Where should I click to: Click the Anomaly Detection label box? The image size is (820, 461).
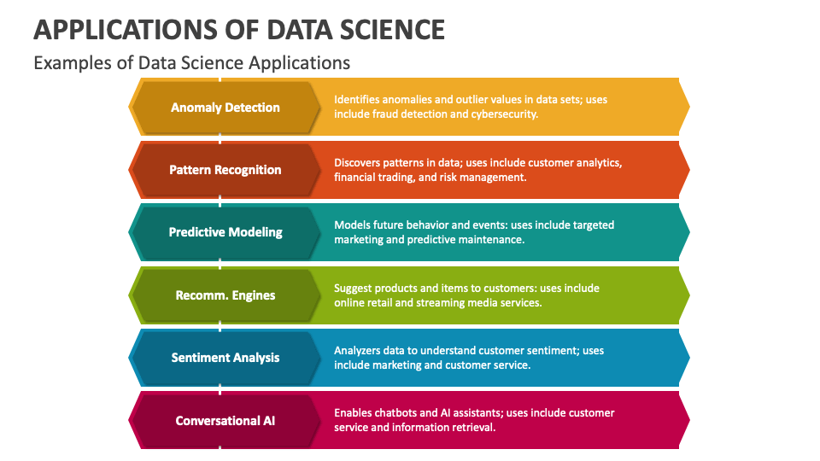point(225,108)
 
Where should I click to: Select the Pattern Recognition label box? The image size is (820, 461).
point(225,170)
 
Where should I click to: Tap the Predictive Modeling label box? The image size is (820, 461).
point(225,232)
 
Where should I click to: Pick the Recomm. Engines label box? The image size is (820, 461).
point(225,295)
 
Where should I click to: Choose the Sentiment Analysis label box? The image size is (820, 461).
point(225,358)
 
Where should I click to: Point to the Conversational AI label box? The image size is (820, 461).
point(225,421)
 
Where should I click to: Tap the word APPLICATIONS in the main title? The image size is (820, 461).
point(126,30)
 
